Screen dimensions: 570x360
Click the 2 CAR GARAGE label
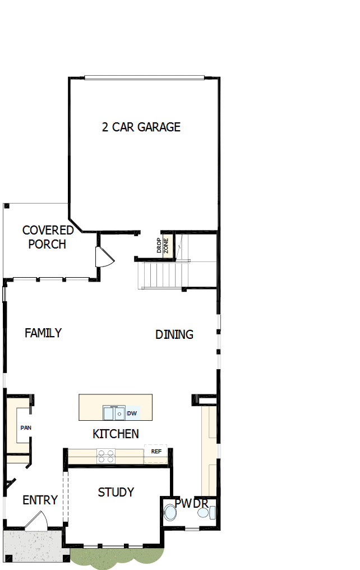[x=141, y=127]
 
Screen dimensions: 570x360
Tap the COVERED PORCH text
[x=48, y=237]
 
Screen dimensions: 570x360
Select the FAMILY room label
[x=43, y=333]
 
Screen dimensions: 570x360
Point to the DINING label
[x=174, y=334]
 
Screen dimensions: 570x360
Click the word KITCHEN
[x=116, y=434]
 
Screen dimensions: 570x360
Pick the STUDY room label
[x=116, y=492]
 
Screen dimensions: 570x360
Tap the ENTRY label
[x=40, y=500]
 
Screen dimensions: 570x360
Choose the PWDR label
[x=191, y=503]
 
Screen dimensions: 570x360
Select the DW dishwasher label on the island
[x=132, y=414]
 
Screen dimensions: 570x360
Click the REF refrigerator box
[x=156, y=451]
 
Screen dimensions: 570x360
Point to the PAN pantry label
[x=26, y=427]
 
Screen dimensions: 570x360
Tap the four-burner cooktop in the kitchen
[x=106, y=455]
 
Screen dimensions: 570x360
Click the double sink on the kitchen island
[x=114, y=413]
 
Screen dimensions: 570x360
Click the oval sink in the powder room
[x=203, y=513]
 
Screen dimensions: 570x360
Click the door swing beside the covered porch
[x=104, y=258]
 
